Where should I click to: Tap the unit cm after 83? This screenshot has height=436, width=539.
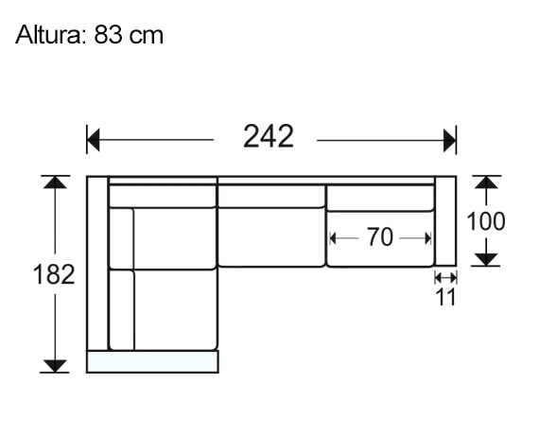(147, 36)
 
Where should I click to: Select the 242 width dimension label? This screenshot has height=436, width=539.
(268, 137)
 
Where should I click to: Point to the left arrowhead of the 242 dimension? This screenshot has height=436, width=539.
(94, 141)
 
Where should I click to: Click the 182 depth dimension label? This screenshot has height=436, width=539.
(55, 275)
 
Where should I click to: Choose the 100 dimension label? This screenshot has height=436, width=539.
(486, 221)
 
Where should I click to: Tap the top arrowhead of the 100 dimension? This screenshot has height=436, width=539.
(486, 183)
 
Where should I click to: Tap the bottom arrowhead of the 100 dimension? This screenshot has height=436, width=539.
(486, 258)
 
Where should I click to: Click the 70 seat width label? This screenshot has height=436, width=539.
(379, 238)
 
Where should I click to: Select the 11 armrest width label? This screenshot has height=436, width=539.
(445, 297)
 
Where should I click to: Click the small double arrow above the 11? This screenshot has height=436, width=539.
(445, 277)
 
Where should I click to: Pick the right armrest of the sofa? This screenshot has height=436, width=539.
(445, 221)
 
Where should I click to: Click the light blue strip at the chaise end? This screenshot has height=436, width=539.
(152, 360)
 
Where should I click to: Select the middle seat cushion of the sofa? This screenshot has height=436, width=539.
(271, 237)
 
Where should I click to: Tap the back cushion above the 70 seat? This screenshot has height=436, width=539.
(379, 197)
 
